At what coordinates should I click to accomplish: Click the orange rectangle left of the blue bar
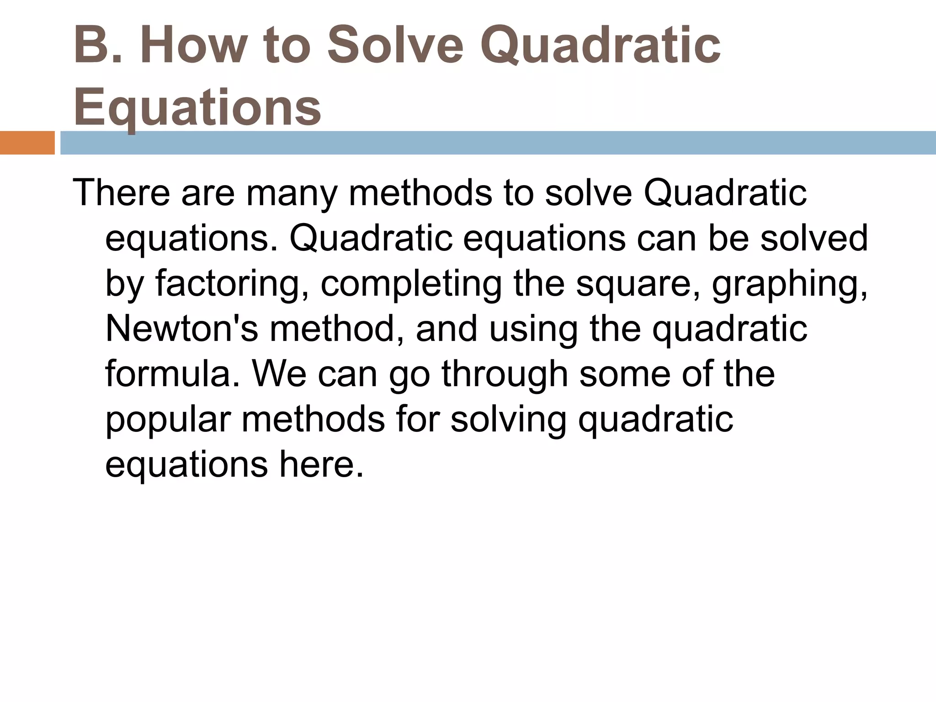pos(27,143)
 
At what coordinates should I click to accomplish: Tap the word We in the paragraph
pos(279,374)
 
